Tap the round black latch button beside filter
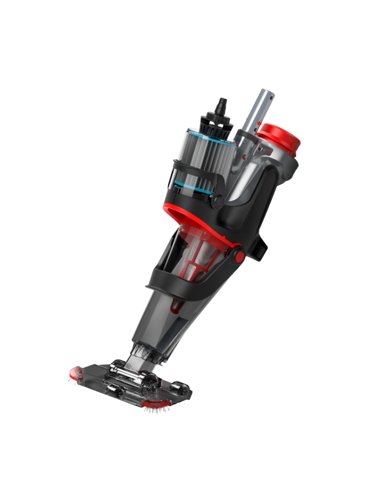(x=217, y=201)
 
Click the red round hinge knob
(x=239, y=255)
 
